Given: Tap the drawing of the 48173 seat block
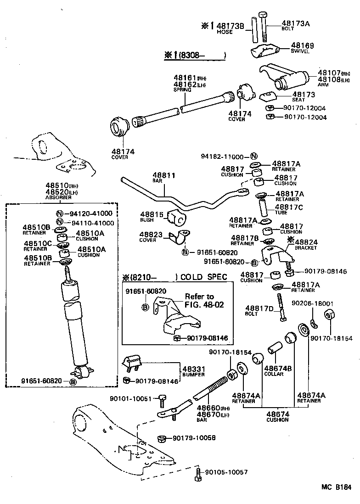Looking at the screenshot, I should pos(268,97).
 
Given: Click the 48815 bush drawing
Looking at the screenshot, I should pos(177,218).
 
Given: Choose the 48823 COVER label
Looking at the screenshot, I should pos(151,237).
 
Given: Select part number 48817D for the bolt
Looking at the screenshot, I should pos(259,308).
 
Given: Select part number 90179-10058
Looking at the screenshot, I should pos(194,438).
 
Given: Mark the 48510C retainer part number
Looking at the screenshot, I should pos(38,243).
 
